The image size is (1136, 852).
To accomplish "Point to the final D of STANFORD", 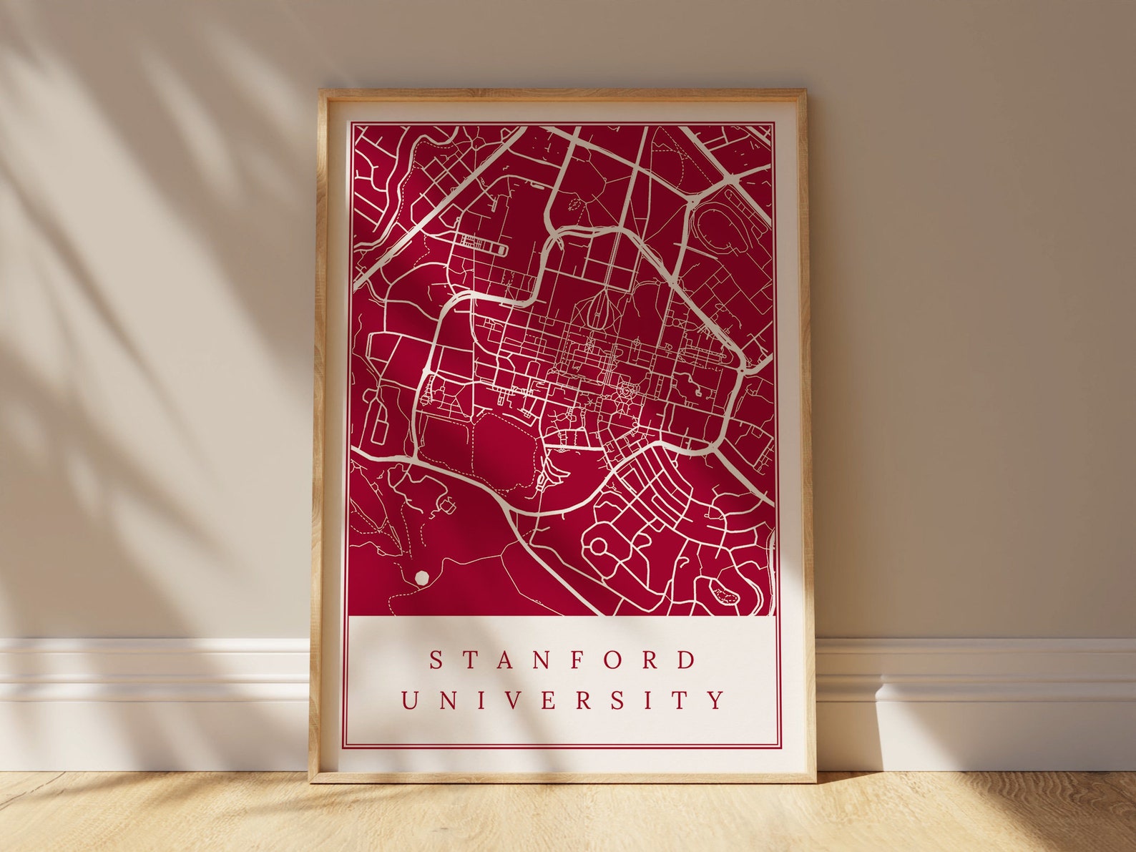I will (687, 660).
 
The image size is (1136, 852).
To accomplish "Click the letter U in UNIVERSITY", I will (410, 700).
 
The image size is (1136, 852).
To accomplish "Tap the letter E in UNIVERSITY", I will (547, 700).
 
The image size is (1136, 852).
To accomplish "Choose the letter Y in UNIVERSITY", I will (718, 700).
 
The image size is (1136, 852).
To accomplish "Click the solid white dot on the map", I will (421, 576).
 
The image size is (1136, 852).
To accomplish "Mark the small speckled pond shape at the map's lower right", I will (724, 592).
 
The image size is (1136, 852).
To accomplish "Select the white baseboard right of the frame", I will (973, 680).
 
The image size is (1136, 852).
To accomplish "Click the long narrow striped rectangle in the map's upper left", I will (481, 245).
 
